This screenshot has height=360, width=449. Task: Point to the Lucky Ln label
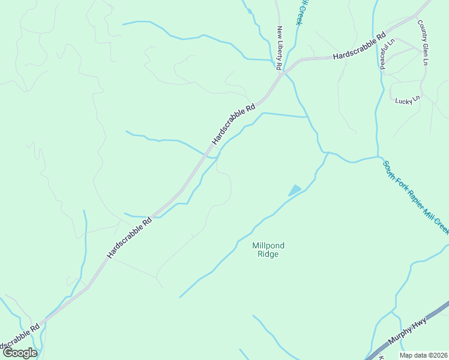[406, 101]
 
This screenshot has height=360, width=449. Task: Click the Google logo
[19, 352]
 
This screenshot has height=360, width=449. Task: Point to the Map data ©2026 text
[422, 355]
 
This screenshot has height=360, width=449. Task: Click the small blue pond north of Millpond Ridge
[295, 191]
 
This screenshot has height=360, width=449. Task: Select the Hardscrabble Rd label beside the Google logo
[18, 338]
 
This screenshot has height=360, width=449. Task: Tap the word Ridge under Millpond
[268, 254]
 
